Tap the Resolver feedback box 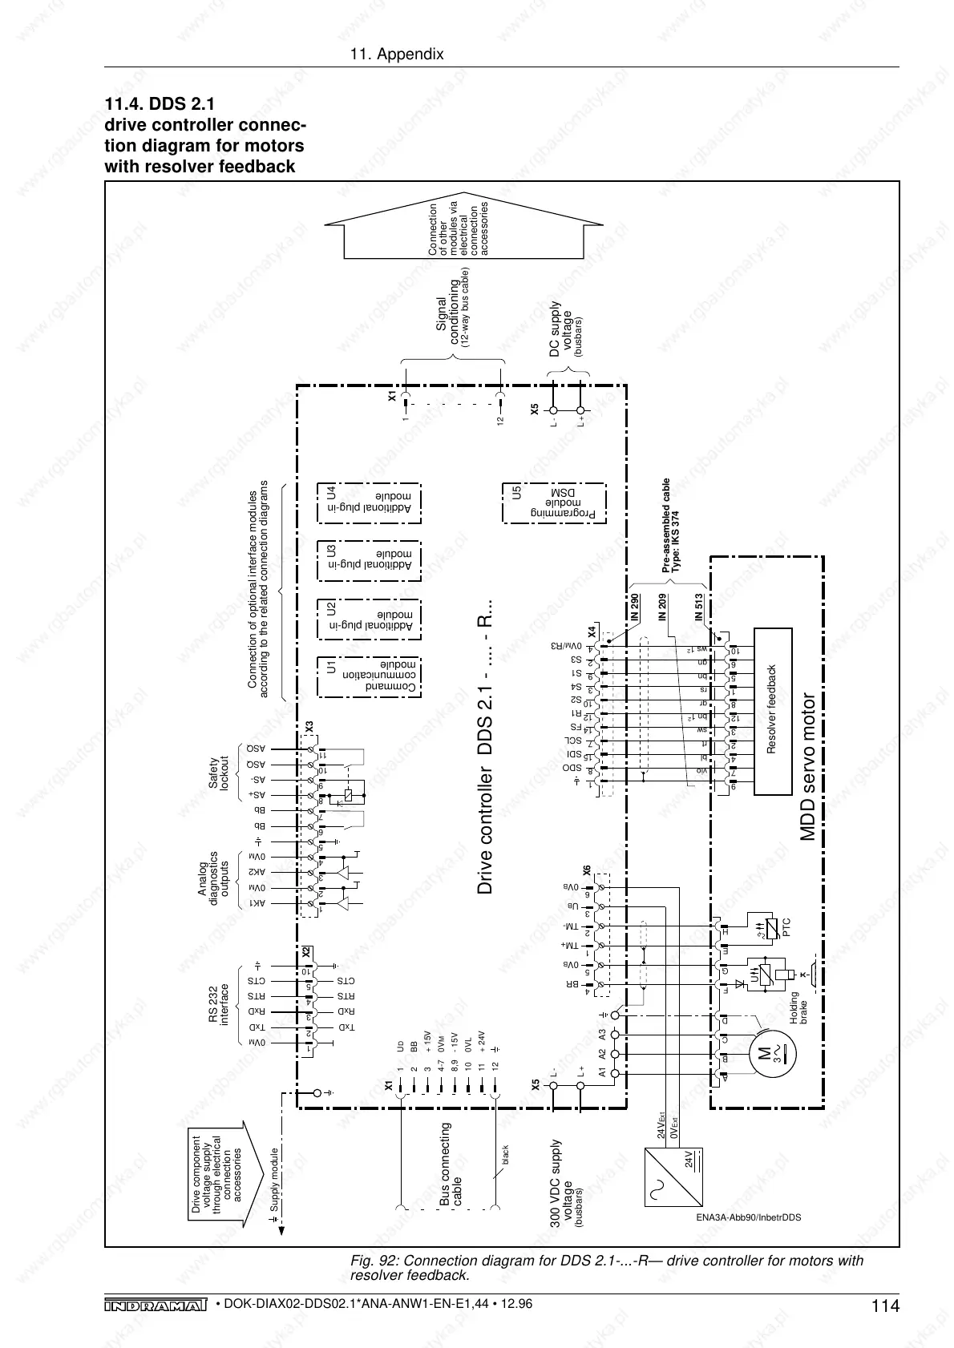(773, 711)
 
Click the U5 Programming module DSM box (554, 502)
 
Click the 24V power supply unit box (675, 1177)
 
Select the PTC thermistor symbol (770, 930)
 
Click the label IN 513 (698, 608)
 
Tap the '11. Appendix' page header (397, 54)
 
